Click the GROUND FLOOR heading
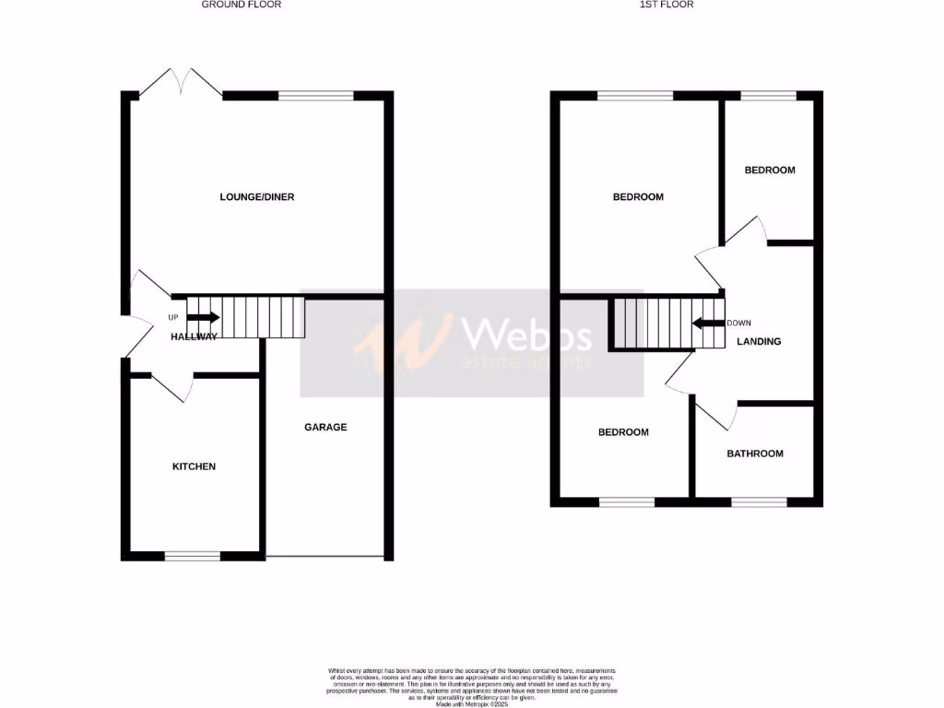242,5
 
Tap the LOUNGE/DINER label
257,197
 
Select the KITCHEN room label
195,466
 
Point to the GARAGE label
326,427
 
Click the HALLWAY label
195,336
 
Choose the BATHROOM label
755,454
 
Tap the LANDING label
760,341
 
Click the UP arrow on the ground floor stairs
202,317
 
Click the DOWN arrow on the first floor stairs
708,324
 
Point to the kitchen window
193,556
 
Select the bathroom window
760,502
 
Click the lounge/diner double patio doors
181,83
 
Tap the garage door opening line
324,557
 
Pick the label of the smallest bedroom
770,171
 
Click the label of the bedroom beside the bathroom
623,432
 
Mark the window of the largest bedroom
634,95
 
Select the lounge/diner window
316,95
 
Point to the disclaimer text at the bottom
472,683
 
